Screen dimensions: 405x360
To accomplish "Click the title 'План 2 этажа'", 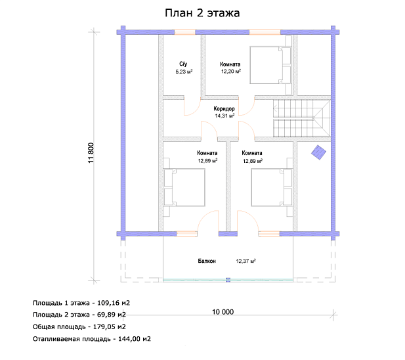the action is (202, 13).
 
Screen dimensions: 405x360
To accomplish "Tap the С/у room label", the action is (183, 64).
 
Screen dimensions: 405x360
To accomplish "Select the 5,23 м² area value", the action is (184, 72).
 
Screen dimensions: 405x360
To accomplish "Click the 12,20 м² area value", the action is (231, 72).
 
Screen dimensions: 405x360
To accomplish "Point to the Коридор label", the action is (224, 108).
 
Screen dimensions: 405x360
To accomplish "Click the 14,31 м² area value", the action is (224, 116).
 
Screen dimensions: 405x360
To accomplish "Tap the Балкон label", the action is (207, 261).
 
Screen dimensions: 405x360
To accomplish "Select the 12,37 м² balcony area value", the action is (246, 261).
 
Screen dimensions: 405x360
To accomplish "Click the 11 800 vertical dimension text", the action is (91, 152).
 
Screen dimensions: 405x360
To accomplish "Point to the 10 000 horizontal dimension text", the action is (223, 312).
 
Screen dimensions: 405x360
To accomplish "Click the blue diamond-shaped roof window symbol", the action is (318, 152).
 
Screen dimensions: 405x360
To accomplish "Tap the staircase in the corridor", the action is (302, 118).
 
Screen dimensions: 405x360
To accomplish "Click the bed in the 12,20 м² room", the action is (270, 65).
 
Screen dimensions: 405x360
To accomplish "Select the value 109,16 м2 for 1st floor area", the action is (114, 303).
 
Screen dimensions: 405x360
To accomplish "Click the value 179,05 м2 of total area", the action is (110, 326).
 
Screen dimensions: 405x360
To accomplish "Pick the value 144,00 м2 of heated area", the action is (135, 339).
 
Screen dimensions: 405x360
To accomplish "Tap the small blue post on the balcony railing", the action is (228, 280).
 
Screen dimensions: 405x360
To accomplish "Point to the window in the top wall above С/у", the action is (184, 32).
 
